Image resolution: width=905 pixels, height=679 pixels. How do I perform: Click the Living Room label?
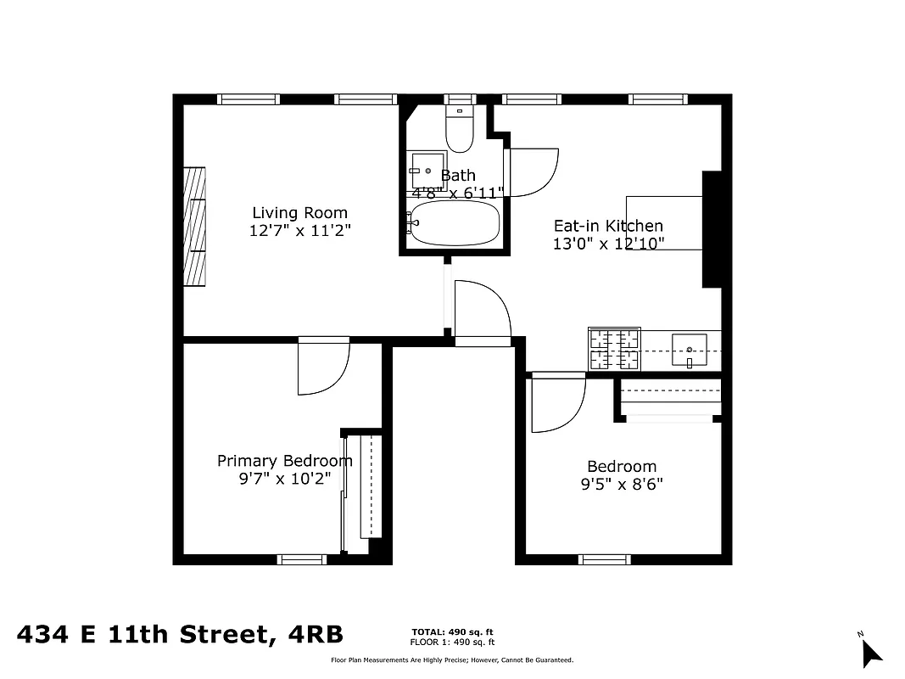point(299,213)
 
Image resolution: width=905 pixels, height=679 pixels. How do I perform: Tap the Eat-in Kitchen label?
point(608,226)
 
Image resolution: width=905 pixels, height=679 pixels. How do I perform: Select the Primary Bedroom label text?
point(284,461)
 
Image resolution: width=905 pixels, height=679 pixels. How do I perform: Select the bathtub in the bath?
point(453,223)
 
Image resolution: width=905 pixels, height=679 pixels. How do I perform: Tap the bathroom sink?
point(427,170)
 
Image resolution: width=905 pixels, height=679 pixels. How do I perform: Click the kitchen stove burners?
point(614,350)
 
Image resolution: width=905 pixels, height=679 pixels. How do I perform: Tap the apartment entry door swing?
point(481,311)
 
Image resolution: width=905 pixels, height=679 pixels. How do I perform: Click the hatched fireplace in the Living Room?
point(195,226)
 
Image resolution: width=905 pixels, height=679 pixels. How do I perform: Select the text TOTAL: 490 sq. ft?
point(452,632)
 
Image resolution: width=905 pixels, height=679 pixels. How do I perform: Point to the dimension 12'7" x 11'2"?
point(299,231)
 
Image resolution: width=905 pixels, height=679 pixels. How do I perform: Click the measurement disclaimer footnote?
point(451,660)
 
